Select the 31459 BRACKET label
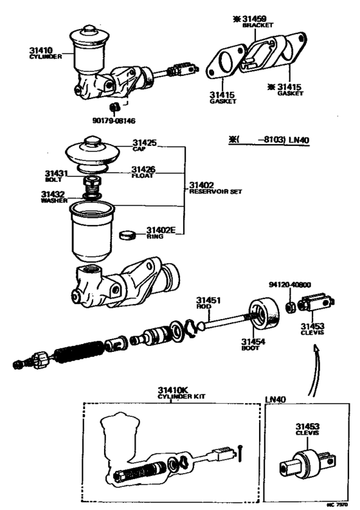tap(256, 22)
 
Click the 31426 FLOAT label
tap(145, 172)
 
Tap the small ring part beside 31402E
tap(129, 234)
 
